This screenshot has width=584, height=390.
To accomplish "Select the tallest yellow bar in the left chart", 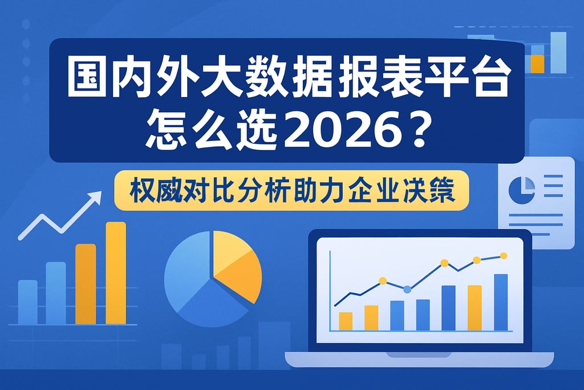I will (x=116, y=273).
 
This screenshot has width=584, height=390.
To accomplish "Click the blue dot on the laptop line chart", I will (x=407, y=290).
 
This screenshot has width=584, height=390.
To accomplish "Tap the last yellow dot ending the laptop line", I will (x=503, y=255).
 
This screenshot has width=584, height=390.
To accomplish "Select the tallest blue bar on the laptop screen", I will (x=501, y=302).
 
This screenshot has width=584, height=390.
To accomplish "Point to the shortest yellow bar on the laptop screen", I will (x=346, y=321).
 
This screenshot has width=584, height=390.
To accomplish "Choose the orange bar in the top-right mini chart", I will (x=537, y=63).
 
